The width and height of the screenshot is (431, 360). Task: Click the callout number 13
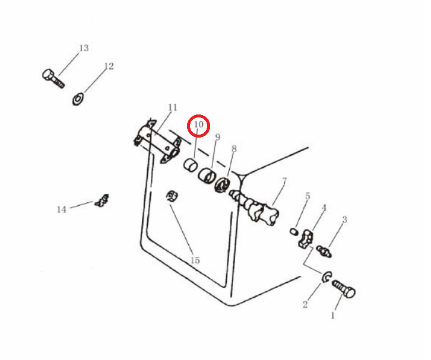tap(84, 48)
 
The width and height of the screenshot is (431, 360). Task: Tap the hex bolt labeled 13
tap(53, 78)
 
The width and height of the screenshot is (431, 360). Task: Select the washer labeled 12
tap(78, 99)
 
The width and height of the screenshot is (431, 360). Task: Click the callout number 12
tap(109, 66)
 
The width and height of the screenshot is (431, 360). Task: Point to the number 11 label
tap(173, 107)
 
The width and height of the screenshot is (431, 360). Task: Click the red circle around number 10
tap(198, 126)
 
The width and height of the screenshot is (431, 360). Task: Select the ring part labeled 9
tap(207, 175)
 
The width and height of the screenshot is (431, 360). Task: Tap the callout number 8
tap(234, 149)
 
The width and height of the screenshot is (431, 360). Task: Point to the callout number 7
tap(284, 181)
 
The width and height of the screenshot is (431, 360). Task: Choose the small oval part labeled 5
tap(294, 231)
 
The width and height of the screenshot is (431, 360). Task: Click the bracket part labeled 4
tap(305, 240)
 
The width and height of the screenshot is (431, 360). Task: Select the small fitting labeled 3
tap(324, 251)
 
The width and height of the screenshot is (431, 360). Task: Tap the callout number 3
tap(344, 219)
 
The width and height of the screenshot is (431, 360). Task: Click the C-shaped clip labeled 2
tap(326, 277)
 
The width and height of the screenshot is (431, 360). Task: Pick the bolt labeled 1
tap(344, 289)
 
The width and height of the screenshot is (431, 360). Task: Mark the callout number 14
tap(62, 209)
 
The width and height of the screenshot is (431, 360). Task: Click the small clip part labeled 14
tap(102, 200)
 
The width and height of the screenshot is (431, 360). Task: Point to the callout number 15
tap(195, 260)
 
